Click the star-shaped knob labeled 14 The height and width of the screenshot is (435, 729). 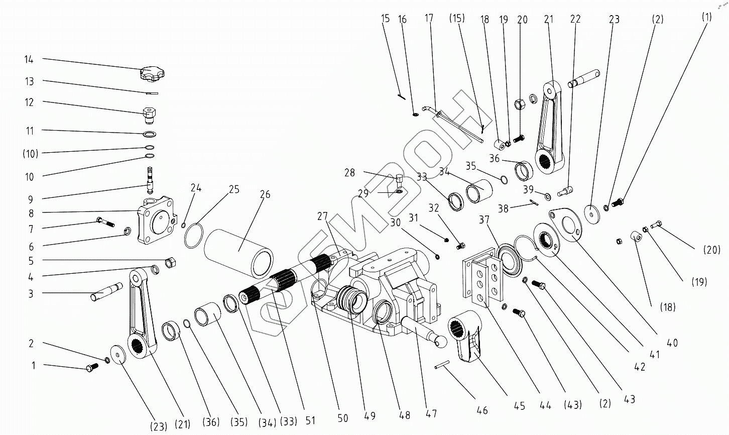152,73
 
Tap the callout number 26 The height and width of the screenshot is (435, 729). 265,194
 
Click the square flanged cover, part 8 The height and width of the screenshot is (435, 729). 157,220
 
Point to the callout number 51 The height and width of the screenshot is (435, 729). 310,420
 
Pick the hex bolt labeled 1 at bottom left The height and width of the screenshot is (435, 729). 92,367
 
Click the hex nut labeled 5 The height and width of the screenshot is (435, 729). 171,262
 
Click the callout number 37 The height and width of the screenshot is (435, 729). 484,220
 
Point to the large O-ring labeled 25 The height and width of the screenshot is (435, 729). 193,236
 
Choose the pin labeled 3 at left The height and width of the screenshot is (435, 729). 106,292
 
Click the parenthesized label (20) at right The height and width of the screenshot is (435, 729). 712,250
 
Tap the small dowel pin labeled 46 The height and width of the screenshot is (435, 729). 442,365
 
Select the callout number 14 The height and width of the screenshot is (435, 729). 29,59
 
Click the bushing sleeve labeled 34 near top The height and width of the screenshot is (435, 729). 479,191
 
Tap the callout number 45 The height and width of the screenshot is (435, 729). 520,406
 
